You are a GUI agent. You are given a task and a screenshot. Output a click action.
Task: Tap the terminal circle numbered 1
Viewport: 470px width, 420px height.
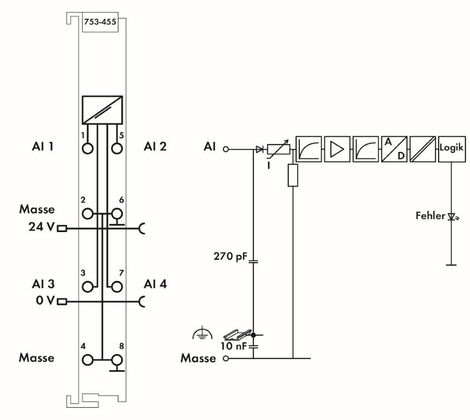pos(87,149)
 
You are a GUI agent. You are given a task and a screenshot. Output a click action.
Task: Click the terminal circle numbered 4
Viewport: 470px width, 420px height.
pos(87,360)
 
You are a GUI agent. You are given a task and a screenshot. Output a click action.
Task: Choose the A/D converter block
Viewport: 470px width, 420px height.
pos(394,149)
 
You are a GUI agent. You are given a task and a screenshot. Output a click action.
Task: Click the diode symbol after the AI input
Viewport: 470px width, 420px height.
pos(259,149)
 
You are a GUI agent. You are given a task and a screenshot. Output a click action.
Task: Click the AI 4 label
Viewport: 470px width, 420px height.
pos(155,284)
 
